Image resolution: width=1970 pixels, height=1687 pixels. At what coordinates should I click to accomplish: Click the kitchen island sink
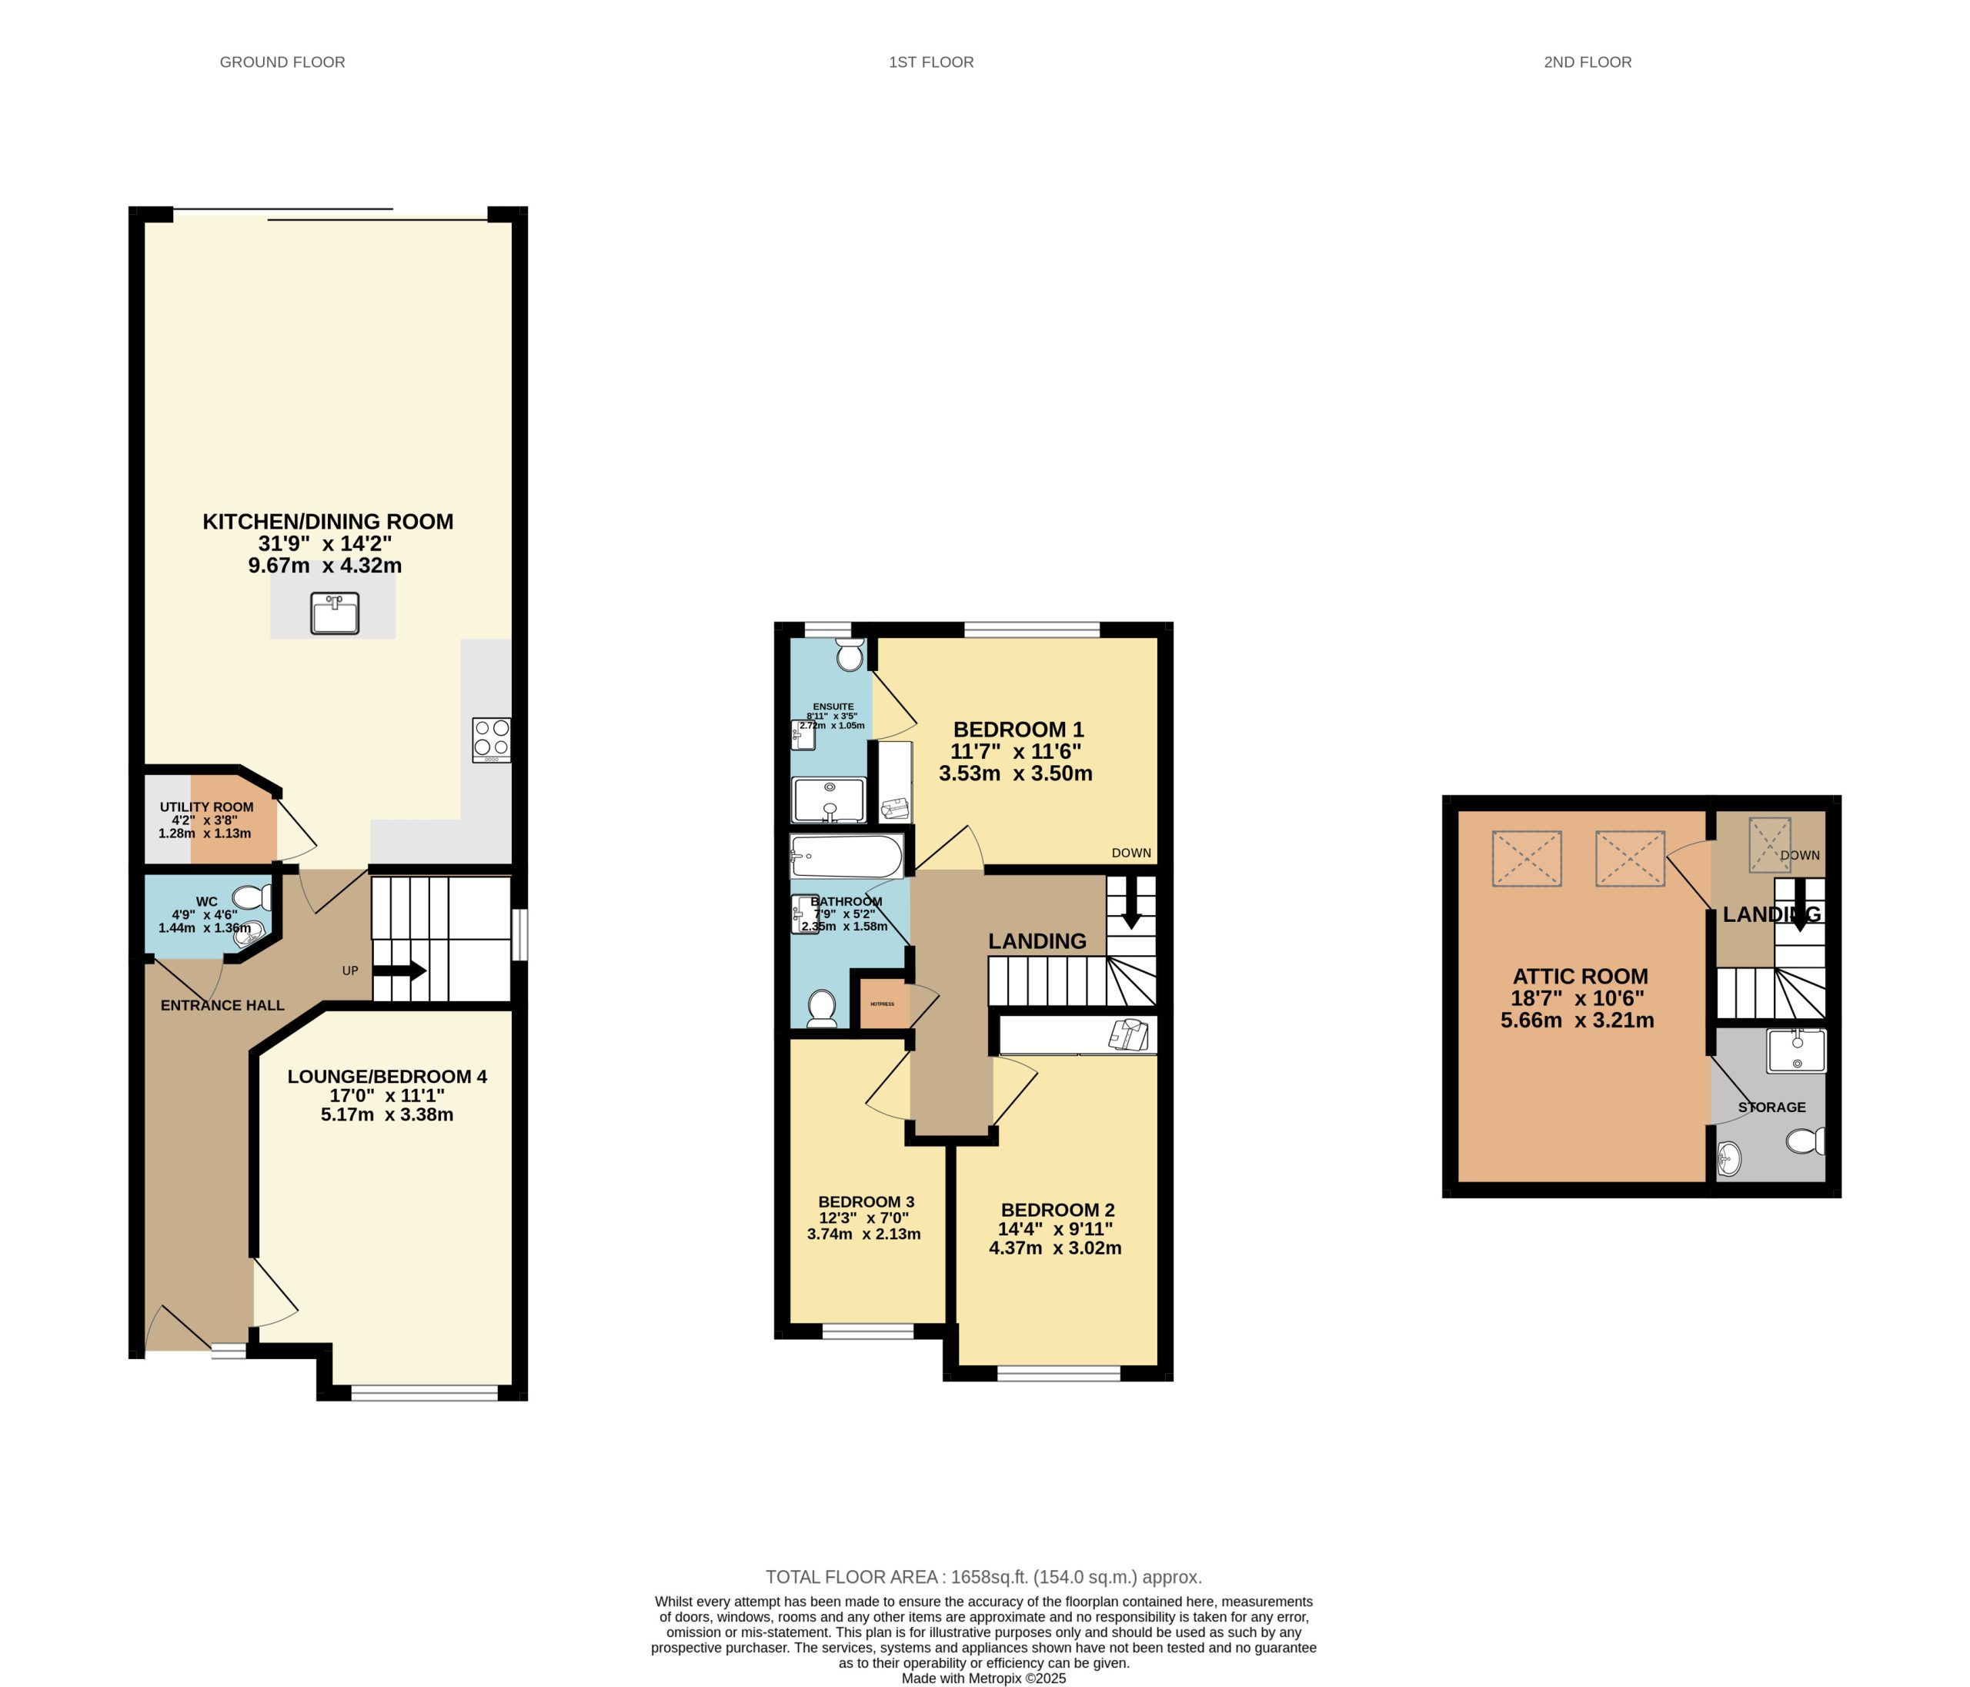[335, 613]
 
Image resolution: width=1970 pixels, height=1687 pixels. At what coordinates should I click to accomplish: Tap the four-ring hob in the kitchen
[492, 739]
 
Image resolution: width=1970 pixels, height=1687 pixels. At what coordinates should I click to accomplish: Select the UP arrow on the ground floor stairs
[399, 971]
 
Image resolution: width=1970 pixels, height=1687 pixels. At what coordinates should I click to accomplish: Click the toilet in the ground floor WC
[253, 897]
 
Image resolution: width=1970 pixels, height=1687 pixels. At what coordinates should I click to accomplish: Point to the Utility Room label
[206, 807]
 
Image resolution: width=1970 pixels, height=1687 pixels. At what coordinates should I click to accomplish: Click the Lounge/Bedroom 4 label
[387, 1077]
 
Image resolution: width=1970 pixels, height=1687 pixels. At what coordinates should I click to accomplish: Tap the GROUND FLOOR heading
[282, 62]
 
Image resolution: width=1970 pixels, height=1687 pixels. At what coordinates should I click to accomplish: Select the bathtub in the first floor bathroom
[846, 857]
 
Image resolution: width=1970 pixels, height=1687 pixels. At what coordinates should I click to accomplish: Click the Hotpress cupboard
[884, 1004]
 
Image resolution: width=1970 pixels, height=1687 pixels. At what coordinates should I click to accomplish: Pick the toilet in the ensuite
[849, 654]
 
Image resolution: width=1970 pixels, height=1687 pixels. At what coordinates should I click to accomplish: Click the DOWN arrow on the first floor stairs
[1131, 908]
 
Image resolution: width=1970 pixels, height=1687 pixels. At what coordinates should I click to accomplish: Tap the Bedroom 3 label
[866, 1202]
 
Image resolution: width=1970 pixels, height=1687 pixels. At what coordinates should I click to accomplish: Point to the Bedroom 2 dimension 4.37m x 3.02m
[1055, 1248]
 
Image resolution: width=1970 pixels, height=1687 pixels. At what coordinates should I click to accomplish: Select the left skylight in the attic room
[1527, 859]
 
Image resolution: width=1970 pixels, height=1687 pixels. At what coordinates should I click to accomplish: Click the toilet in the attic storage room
[1805, 1141]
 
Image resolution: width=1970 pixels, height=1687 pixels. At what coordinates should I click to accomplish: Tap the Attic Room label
[1580, 976]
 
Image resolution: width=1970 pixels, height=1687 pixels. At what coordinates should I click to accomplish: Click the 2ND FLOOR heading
[1587, 62]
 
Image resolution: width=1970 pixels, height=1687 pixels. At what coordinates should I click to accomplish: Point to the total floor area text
[984, 1577]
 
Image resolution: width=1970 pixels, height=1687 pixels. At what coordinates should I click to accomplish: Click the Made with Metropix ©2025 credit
[984, 1679]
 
